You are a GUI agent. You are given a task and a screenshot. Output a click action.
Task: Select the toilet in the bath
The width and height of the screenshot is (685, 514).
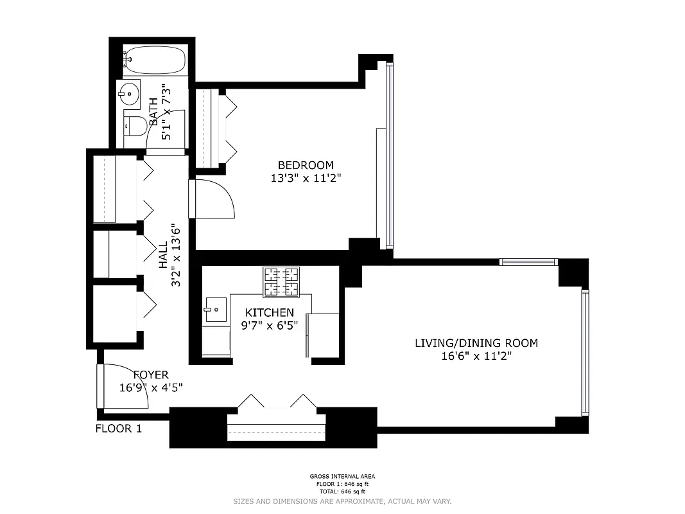click(134, 127)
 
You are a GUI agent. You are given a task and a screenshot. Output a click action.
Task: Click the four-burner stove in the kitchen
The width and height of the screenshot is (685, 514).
click(281, 281)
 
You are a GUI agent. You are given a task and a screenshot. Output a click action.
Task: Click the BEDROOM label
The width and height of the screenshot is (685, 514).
click(305, 165)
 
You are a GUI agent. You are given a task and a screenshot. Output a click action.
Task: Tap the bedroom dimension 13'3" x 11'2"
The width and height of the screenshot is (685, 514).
click(305, 179)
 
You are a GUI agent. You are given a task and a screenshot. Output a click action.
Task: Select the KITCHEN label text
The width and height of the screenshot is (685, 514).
click(268, 312)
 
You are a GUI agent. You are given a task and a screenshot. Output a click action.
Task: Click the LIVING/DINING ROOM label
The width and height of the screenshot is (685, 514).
click(476, 343)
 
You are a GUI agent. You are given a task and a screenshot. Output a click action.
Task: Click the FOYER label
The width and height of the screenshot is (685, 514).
click(151, 375)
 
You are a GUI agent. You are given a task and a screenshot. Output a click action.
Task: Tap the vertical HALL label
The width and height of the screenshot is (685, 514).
click(163, 255)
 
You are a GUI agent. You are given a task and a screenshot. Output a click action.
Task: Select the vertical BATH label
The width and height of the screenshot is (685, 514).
click(153, 114)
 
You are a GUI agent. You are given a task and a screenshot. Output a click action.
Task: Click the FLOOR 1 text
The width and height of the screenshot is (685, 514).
click(118, 429)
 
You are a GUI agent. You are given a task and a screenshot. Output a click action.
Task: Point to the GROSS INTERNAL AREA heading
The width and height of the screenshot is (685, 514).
click(342, 477)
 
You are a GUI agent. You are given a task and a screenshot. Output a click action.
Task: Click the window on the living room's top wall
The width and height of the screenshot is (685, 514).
click(528, 261)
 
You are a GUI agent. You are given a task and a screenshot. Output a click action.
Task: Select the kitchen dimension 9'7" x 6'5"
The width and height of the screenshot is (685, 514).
click(268, 325)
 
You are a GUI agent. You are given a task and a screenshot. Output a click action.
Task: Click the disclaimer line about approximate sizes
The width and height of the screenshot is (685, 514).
click(342, 501)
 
